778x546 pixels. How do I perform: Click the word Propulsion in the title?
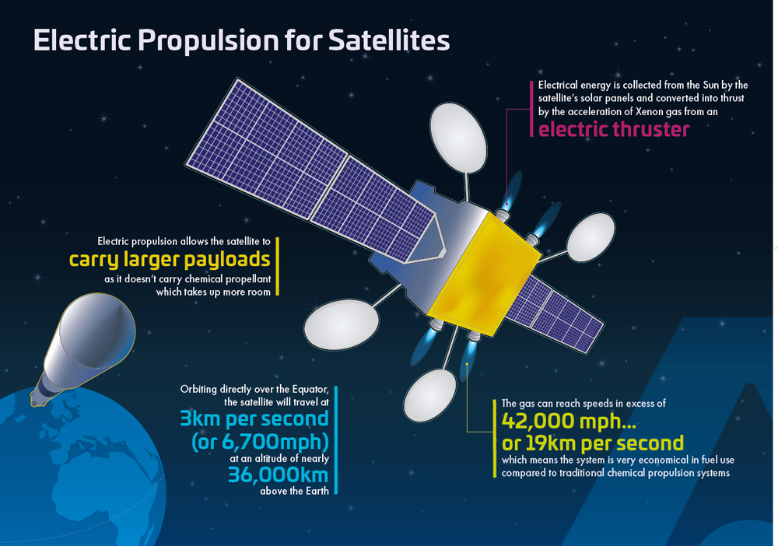coord(208,40)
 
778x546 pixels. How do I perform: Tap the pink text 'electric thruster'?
coord(614,129)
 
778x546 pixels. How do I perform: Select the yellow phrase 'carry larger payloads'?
coord(170,259)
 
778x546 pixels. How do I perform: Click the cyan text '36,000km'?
coord(279,474)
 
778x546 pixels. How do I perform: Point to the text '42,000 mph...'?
coord(569,421)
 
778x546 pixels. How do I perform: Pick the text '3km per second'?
coord(254,418)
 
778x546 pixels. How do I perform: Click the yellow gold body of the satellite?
coord(484,275)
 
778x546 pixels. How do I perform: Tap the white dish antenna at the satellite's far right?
coord(591,237)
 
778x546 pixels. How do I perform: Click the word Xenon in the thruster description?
coord(650,111)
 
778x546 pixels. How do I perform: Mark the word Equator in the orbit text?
coord(310,389)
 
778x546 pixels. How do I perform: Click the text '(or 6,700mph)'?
coord(260,441)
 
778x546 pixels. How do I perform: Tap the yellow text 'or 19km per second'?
coord(592,443)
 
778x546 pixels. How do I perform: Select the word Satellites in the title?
coord(389,40)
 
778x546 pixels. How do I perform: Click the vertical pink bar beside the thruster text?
coord(531,109)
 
